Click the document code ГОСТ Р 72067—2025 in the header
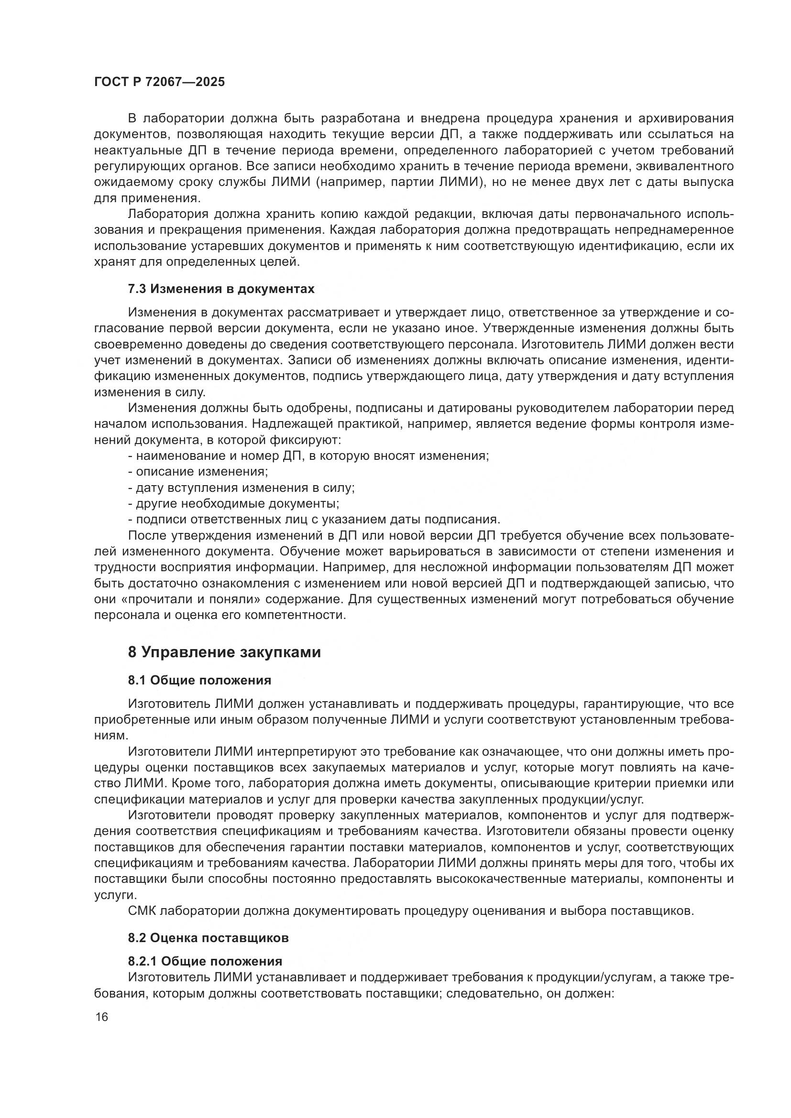tap(159, 82)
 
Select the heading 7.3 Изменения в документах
tap(221, 289)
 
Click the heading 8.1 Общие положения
tap(200, 680)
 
